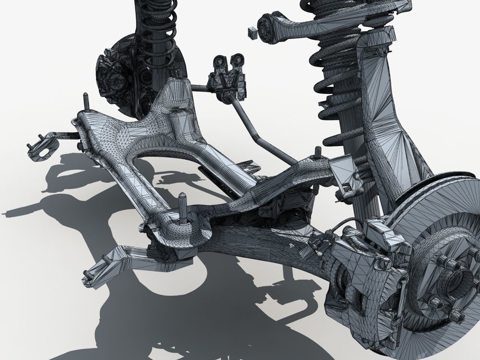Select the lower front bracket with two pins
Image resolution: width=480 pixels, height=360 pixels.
tap(103, 266)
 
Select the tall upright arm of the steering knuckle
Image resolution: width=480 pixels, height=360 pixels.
tap(379, 120)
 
